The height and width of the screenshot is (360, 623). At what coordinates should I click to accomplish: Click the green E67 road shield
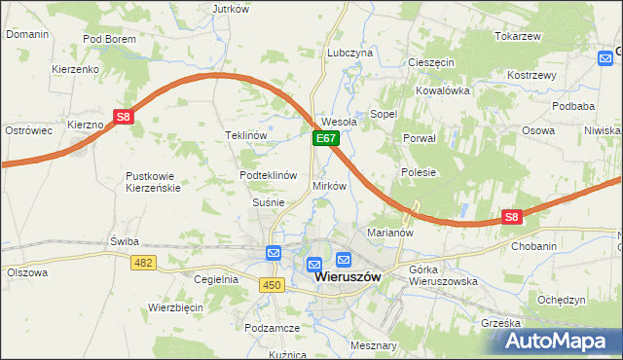[325, 141]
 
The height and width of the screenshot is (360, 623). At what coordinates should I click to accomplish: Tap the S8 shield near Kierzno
[123, 118]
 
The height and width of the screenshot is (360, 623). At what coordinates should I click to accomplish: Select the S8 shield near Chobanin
[512, 218]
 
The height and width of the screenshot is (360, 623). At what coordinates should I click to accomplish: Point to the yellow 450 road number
[272, 283]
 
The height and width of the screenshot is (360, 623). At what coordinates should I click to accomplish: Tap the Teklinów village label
[246, 135]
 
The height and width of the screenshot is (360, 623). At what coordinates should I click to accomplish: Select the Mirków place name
[329, 186]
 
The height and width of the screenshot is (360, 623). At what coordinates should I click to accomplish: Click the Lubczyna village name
[350, 53]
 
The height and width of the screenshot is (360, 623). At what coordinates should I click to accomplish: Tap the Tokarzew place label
[517, 36]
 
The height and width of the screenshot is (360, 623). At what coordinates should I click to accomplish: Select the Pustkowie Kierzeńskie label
[153, 182]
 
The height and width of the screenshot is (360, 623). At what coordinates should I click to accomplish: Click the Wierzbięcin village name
[175, 306]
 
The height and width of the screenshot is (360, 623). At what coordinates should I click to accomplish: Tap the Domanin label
[27, 34]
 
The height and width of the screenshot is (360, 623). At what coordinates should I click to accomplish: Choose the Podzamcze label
[273, 329]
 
